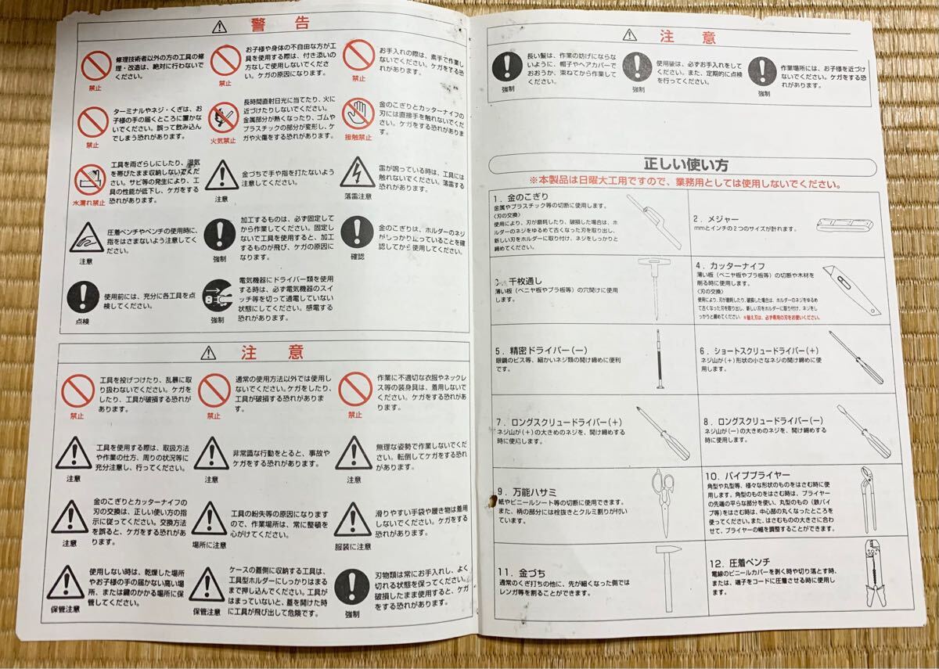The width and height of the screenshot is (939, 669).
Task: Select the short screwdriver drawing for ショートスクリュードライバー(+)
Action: (x=856, y=357)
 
